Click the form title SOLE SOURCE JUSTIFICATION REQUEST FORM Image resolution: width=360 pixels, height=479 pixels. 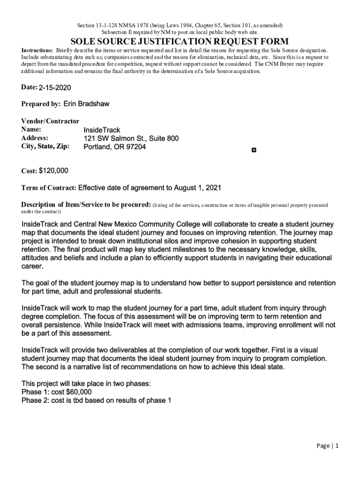[180, 41]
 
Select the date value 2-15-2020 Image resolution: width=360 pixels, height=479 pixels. [55, 87]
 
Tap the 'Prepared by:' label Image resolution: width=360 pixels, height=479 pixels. [41, 104]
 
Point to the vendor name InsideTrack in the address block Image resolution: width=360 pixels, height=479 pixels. [101, 130]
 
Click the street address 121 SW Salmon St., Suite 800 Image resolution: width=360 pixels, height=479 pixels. [131, 138]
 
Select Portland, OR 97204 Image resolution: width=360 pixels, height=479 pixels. [115, 147]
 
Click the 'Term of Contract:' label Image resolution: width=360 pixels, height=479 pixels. [49, 188]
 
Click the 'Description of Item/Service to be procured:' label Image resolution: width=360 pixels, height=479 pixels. [86, 205]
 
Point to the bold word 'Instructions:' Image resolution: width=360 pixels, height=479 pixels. [37, 50]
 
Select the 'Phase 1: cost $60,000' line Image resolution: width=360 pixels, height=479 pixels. [57, 392]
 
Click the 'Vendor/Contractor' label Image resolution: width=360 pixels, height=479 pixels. [50, 121]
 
